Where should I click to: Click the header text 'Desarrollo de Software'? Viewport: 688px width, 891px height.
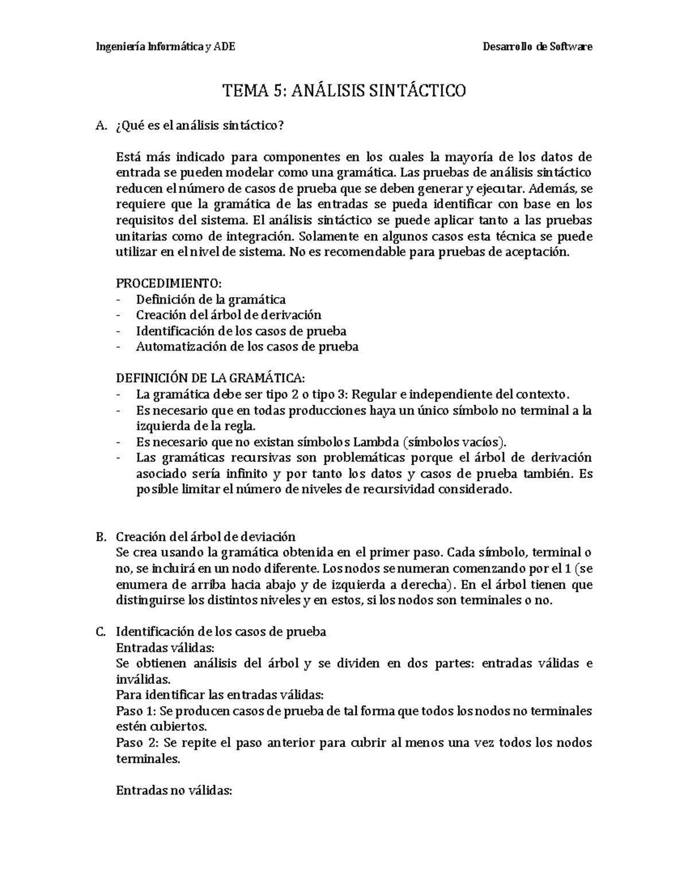point(538,46)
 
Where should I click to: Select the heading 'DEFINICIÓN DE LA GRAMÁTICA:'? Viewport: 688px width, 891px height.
point(211,378)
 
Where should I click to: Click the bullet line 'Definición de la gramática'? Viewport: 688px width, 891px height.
point(210,299)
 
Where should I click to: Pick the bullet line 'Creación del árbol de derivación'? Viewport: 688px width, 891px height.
point(228,315)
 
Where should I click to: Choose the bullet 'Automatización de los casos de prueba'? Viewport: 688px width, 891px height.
point(247,347)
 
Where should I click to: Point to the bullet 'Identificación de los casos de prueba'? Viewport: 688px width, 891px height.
point(241,331)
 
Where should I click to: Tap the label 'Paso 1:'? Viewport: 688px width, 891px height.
point(136,711)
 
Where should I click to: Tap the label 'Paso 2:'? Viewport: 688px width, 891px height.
point(136,742)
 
